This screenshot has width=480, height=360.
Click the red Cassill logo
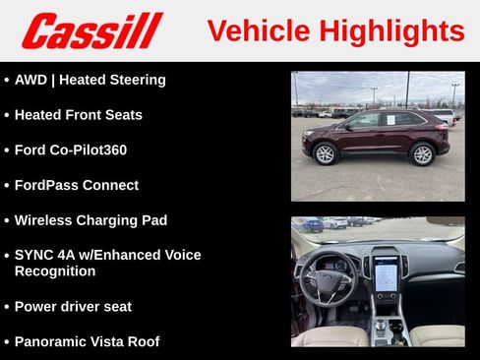(91, 30)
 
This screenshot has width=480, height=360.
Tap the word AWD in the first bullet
(31, 80)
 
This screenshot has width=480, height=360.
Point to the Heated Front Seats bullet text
(78, 115)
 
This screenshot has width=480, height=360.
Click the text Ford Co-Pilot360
(70, 150)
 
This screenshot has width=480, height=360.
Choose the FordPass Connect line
(76, 185)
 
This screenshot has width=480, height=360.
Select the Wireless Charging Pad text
(90, 220)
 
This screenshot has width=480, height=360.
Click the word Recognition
(55, 271)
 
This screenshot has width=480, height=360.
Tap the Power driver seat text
(73, 307)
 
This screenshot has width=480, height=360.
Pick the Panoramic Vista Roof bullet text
(87, 342)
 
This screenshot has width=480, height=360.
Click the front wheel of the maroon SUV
(325, 153)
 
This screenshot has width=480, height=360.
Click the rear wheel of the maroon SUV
(423, 153)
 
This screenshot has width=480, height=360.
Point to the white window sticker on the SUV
(388, 120)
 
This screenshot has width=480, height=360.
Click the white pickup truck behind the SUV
(443, 116)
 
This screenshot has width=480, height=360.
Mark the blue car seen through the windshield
(313, 225)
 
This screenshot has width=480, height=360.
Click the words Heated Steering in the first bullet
(116, 80)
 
